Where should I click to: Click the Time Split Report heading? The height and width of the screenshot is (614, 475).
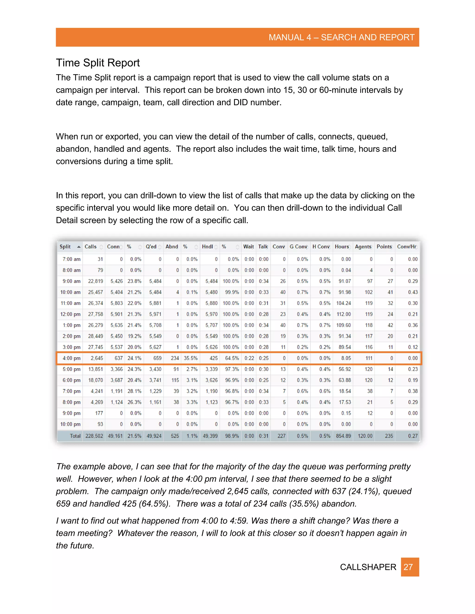pos(98,63)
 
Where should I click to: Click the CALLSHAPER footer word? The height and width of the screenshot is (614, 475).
pos(368,567)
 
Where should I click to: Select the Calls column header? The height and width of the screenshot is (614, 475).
pos(91,247)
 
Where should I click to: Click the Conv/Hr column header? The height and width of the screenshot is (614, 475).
pos(406,247)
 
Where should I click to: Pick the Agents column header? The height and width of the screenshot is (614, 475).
pos(363,247)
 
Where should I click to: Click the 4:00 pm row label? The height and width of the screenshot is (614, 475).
pos(71,358)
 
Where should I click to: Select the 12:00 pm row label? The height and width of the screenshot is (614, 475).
pos(70,314)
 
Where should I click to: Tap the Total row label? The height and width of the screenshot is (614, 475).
pos(75,436)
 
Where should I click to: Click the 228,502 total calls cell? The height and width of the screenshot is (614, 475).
pos(94,436)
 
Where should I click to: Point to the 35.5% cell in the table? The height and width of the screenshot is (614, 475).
pos(191,358)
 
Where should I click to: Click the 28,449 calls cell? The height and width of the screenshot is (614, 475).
pos(95,336)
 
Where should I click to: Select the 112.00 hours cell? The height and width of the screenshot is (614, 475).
pos(344,314)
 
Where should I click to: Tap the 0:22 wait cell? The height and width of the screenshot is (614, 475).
pos(249,358)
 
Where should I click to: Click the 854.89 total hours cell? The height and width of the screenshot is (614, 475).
pos(343,436)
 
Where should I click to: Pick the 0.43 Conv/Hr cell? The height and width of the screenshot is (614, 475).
pos(413,292)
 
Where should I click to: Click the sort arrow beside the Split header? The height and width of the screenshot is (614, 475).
pos(79,247)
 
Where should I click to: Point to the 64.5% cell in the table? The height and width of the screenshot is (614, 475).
pos(232,358)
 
